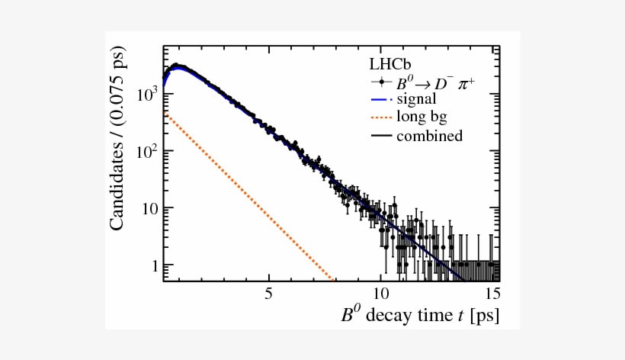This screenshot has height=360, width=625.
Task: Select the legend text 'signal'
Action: tap(416, 99)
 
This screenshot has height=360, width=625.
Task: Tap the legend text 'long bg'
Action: tap(421, 117)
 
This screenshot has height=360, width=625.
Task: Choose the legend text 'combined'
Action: tap(429, 137)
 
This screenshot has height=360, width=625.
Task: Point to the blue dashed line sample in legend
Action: tap(380, 100)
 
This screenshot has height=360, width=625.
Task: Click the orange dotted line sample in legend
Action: tap(380, 118)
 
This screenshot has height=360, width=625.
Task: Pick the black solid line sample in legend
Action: tap(380, 137)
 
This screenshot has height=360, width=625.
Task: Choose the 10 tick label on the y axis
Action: tap(148, 208)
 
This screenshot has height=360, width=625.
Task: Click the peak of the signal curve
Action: tap(177, 67)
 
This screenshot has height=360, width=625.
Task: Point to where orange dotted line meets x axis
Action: tap(334, 280)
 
